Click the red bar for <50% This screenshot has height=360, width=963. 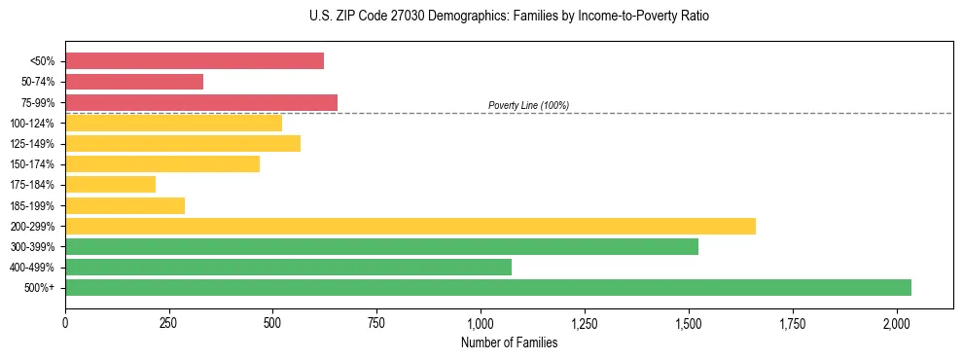tap(195, 61)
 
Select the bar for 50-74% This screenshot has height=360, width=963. tap(134, 82)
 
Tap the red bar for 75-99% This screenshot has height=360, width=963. tap(201, 102)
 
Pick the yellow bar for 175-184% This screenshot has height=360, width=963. tap(110, 184)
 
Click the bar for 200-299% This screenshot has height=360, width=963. tap(410, 226)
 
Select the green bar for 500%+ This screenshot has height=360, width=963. tap(488, 287)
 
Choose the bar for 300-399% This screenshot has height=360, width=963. tap(381, 246)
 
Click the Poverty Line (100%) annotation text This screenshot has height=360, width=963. tap(528, 105)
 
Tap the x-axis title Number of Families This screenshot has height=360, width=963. tap(509, 342)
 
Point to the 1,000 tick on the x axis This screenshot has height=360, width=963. tap(481, 322)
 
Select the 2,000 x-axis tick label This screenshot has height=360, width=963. tap(897, 322)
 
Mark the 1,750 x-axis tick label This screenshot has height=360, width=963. tap(793, 322)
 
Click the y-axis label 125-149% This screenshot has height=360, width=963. tap(32, 144)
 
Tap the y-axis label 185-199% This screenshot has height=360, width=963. tap(32, 205)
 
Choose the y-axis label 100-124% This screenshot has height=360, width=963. tap(32, 124)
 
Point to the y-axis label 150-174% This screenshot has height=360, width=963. tap(32, 164)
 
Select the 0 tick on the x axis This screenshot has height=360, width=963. tap(65, 322)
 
